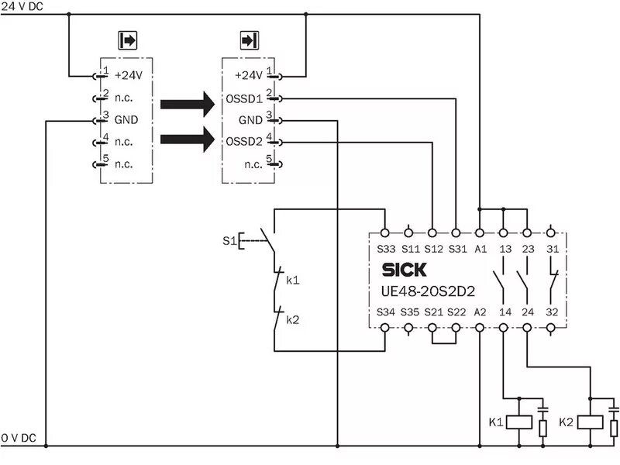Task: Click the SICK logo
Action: tap(404, 270)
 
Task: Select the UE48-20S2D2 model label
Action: tap(428, 291)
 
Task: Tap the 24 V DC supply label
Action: tap(22, 6)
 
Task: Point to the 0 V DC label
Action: tap(19, 438)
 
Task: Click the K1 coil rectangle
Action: tap(519, 422)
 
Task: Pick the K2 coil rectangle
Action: tap(591, 422)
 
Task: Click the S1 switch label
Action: tap(229, 240)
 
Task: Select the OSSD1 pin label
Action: tap(244, 98)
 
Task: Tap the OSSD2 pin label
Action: tap(244, 141)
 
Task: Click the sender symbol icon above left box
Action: tap(128, 40)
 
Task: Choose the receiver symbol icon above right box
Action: tap(250, 40)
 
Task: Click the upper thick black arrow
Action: tap(188, 105)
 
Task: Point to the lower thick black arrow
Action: tap(188, 139)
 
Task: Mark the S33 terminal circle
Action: tap(384, 233)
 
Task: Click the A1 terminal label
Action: tap(480, 249)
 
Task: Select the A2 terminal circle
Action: tap(480, 328)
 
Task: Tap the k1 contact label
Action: tap(293, 281)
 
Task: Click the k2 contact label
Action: tap(293, 319)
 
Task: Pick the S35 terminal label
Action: tap(410, 312)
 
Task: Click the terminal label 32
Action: tap(552, 312)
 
